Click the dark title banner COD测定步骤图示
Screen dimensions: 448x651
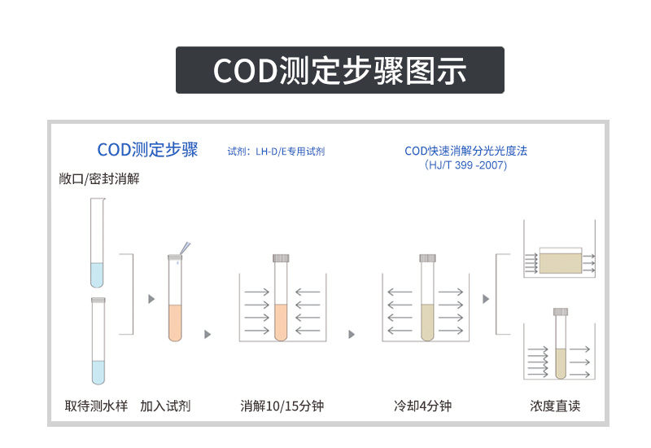click(340, 70)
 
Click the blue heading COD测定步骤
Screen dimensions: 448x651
click(147, 150)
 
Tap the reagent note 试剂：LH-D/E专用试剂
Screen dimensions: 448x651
click(276, 151)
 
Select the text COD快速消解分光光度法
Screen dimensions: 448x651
click(465, 151)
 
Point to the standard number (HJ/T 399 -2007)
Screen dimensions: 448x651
click(465, 165)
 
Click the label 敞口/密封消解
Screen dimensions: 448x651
click(99, 178)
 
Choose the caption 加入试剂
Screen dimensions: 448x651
click(166, 406)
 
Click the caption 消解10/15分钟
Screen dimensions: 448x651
click(282, 406)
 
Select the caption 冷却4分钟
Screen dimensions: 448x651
click(422, 406)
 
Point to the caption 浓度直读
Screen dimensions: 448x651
click(556, 406)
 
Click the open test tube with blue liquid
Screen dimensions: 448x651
click(97, 244)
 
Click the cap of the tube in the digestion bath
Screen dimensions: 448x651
click(282, 257)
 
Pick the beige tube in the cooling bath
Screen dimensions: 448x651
click(428, 305)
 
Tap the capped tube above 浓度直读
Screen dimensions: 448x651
click(560, 346)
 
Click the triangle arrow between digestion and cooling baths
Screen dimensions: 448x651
click(352, 334)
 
